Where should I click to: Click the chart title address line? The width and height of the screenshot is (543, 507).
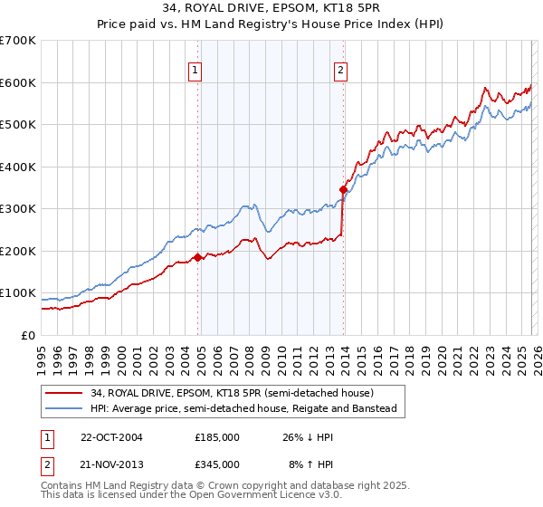(x=271, y=10)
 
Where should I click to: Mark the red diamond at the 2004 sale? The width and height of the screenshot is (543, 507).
(x=198, y=258)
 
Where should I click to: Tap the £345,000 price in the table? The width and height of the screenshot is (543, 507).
(x=217, y=464)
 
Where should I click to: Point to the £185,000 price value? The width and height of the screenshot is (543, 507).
(x=217, y=437)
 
